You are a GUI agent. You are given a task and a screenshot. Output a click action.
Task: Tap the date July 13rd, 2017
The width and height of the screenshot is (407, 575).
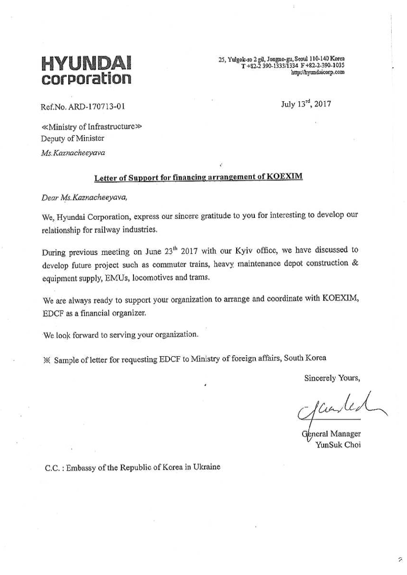(x=306, y=104)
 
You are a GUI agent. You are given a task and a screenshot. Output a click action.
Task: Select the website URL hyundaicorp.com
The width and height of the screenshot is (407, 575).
(x=318, y=72)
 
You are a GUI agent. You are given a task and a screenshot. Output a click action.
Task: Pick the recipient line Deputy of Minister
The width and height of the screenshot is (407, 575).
(x=72, y=138)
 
